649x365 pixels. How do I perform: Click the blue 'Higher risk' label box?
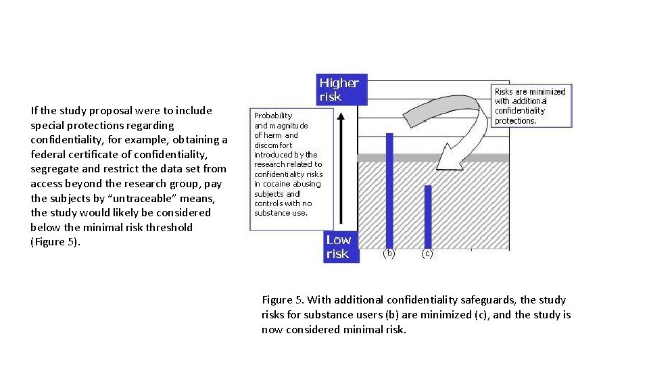point(343,90)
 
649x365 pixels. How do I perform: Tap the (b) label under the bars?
point(389,254)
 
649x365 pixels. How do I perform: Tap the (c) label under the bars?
point(427,254)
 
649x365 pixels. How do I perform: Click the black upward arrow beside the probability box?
point(342,169)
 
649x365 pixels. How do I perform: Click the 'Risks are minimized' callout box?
point(530,106)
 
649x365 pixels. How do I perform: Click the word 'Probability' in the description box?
point(273,116)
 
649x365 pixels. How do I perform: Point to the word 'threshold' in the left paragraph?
point(169,228)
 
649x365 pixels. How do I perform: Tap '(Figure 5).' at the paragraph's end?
point(55,242)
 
